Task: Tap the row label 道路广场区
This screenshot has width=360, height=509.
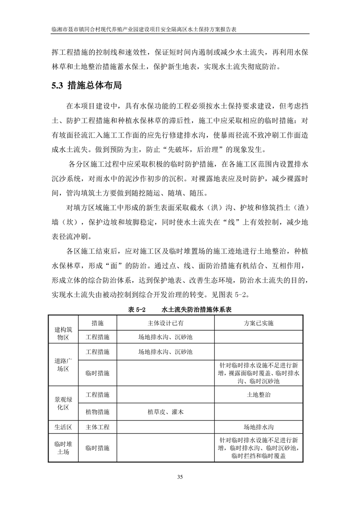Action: click(x=62, y=365)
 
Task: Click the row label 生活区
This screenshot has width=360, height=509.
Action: click(x=62, y=427)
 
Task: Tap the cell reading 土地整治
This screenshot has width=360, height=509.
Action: click(x=258, y=395)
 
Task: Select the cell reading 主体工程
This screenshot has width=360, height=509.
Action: click(x=98, y=427)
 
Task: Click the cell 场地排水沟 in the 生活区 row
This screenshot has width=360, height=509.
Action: click(x=258, y=427)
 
